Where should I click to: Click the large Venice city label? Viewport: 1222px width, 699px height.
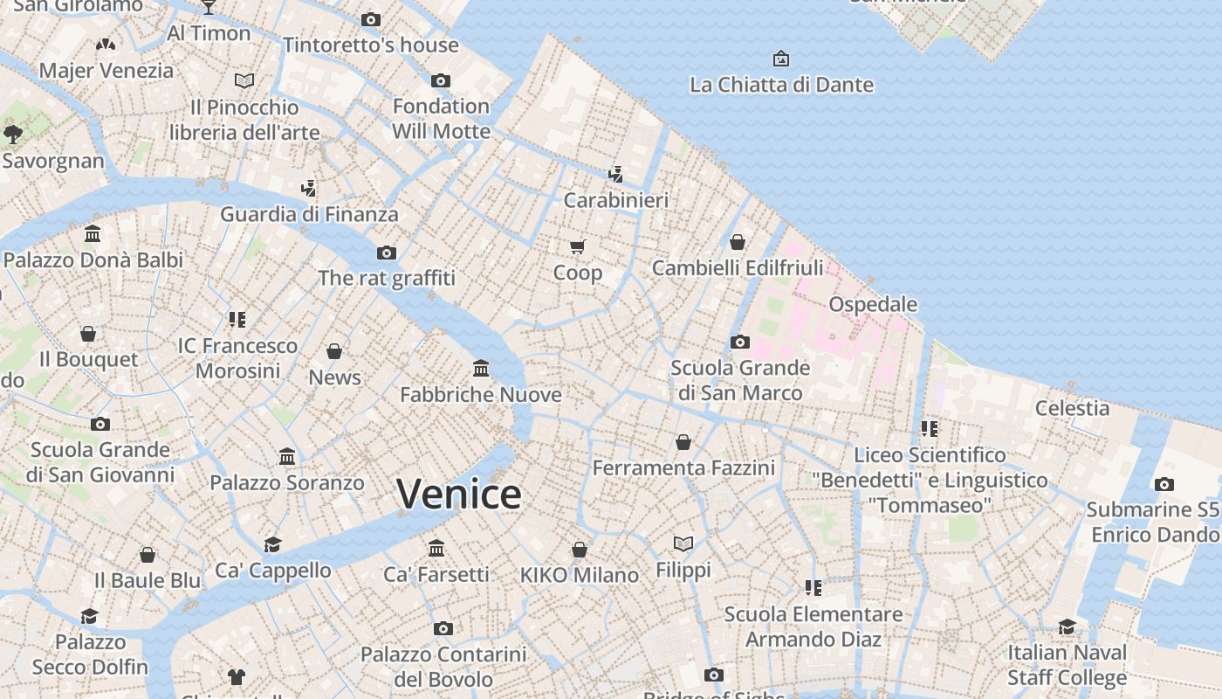(x=459, y=495)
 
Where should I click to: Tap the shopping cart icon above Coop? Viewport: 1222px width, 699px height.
(x=578, y=246)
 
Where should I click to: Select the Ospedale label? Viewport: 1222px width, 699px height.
(x=873, y=304)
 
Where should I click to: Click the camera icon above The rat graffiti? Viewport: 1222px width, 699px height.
(x=386, y=253)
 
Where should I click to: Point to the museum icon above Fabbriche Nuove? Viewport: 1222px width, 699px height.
(x=481, y=368)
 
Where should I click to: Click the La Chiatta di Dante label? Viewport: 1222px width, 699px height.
(x=781, y=85)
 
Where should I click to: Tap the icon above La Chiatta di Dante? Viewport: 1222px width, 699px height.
(x=781, y=59)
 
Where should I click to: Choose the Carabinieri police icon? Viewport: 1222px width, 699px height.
(x=616, y=174)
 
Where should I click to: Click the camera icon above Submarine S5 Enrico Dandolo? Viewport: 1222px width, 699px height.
(x=1164, y=484)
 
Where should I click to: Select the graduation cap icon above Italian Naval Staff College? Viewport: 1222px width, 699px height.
(x=1067, y=626)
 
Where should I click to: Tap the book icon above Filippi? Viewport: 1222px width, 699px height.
(x=683, y=543)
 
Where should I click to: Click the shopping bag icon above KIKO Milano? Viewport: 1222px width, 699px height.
(x=580, y=550)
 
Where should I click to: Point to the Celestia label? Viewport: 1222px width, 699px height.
(x=1072, y=408)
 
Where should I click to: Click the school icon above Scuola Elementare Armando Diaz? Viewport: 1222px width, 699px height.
(x=814, y=588)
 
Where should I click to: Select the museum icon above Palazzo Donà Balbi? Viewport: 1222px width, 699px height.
(x=93, y=233)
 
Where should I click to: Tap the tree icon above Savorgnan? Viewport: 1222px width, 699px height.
(x=12, y=134)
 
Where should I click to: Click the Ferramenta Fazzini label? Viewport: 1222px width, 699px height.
(x=683, y=468)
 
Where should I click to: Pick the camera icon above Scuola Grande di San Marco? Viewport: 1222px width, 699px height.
(x=740, y=342)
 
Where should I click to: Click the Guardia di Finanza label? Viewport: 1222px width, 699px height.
(x=309, y=214)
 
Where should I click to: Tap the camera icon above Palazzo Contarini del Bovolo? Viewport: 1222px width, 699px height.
(x=443, y=628)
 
